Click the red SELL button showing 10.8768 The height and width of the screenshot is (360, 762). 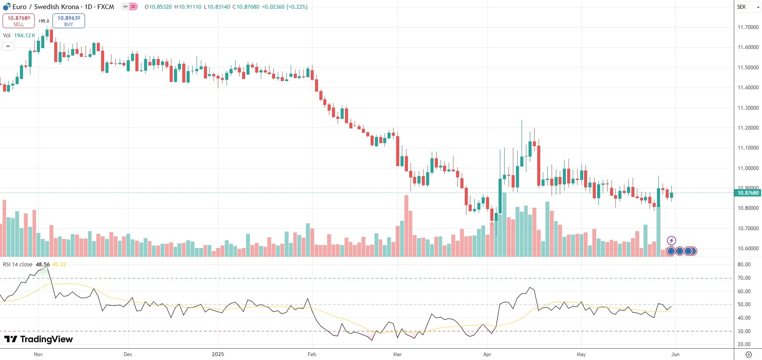click(x=19, y=20)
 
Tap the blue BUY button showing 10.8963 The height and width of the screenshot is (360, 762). click(x=69, y=20)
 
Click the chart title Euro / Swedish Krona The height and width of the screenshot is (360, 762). click(x=46, y=7)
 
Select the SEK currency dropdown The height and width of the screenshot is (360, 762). click(x=748, y=7)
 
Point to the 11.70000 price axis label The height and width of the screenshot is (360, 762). click(x=748, y=27)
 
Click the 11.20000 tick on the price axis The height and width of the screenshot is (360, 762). click(x=748, y=128)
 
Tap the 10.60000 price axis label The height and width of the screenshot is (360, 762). click(x=748, y=249)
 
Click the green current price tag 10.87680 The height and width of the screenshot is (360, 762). click(x=748, y=193)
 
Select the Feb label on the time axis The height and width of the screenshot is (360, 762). click(x=312, y=354)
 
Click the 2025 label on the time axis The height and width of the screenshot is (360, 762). click(x=218, y=354)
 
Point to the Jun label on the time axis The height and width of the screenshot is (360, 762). click(x=675, y=354)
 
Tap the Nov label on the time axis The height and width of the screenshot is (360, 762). click(x=38, y=354)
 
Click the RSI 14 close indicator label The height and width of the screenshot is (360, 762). click(x=18, y=264)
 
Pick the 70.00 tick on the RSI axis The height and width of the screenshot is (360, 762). click(x=744, y=278)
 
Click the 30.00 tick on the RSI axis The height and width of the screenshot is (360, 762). click(x=744, y=331)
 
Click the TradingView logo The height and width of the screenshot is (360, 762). click(x=39, y=339)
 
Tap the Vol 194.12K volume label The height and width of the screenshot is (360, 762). click(x=19, y=36)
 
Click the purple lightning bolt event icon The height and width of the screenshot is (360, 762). click(x=671, y=240)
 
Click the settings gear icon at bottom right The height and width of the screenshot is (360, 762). click(x=749, y=354)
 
